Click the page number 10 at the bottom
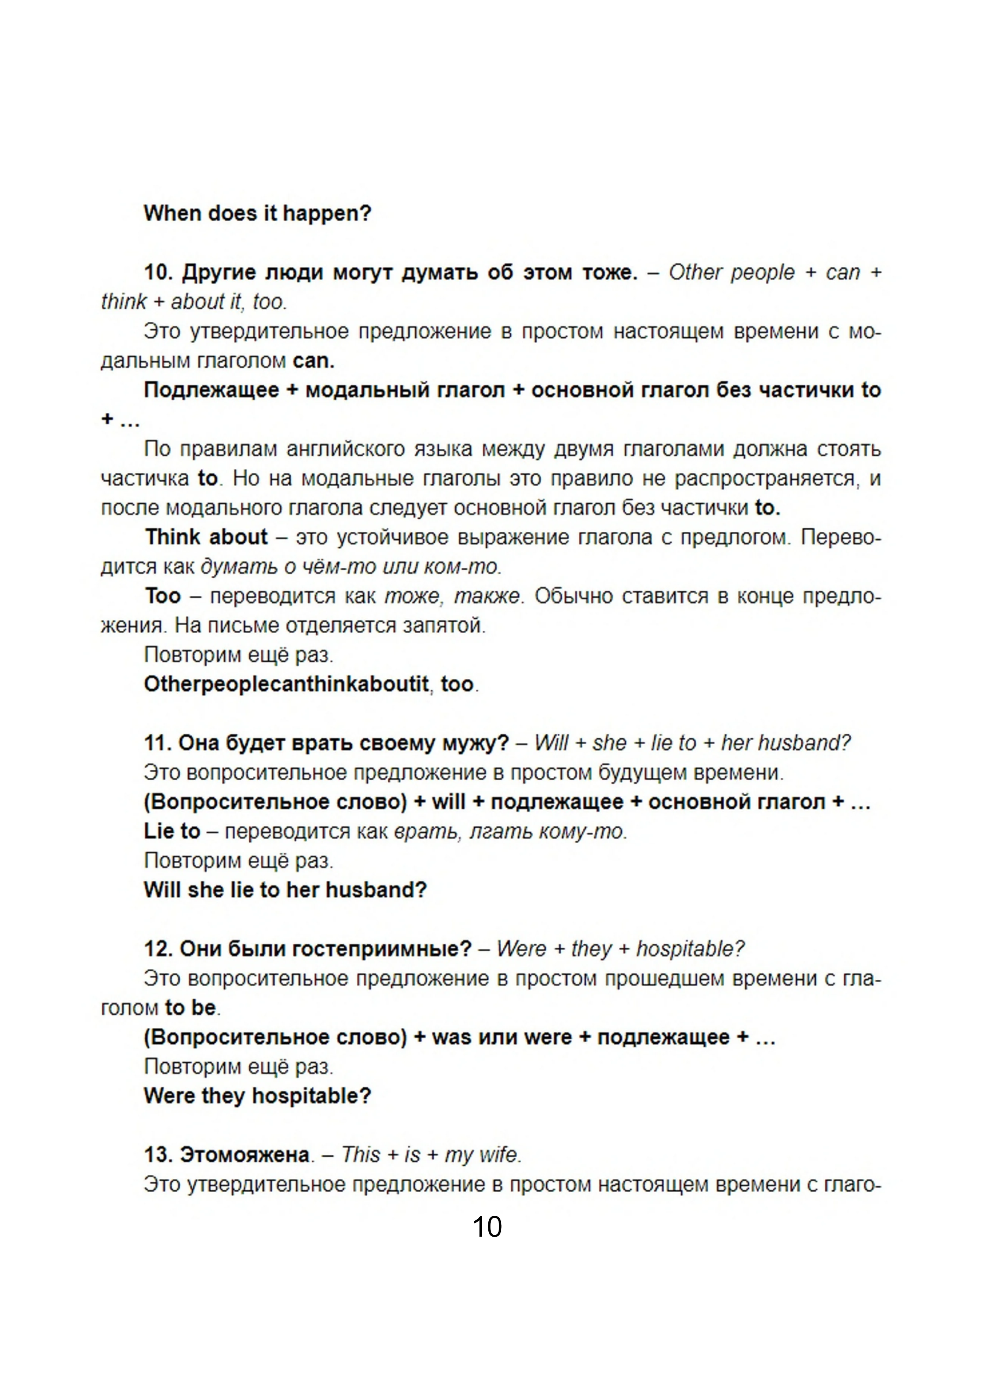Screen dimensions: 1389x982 [487, 1227]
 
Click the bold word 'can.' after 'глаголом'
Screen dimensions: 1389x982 [313, 361]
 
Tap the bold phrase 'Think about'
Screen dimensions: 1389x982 [206, 537]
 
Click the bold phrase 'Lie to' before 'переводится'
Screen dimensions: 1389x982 [172, 831]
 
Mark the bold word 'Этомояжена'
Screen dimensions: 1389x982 [245, 1154]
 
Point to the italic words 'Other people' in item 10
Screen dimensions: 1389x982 [731, 273]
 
